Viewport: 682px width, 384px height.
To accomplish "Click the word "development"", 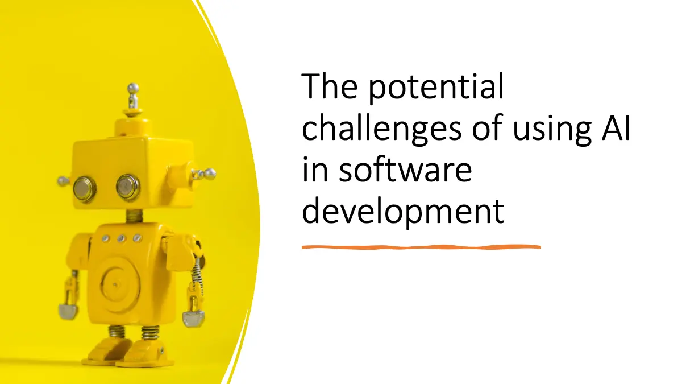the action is (403, 211).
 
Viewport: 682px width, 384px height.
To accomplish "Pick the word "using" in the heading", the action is (552, 130).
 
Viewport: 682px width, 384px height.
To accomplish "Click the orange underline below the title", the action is (421, 247).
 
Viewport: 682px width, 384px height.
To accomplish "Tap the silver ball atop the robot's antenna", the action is (133, 88).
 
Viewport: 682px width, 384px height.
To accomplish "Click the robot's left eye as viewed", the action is (85, 189).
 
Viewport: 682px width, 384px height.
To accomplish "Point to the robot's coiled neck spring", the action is (134, 216).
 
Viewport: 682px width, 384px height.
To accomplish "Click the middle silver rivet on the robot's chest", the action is (121, 238).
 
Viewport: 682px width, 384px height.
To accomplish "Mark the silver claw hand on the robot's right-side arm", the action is (193, 319).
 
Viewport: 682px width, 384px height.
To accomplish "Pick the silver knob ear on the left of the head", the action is (63, 181).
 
